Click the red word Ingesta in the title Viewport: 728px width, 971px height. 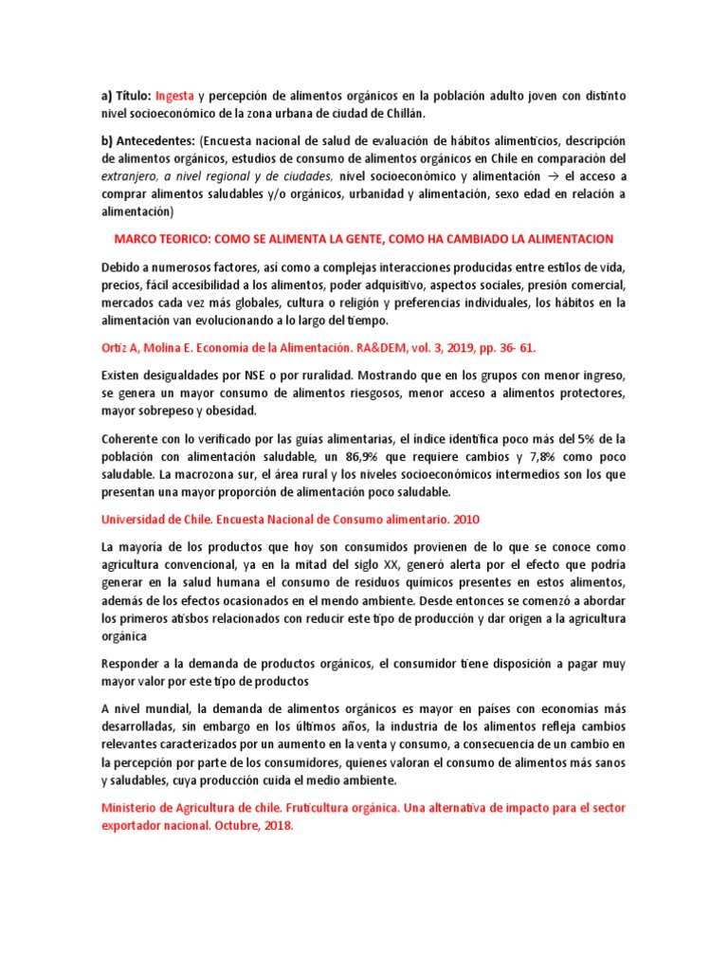175,96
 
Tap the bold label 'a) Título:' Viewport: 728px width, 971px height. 125,96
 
